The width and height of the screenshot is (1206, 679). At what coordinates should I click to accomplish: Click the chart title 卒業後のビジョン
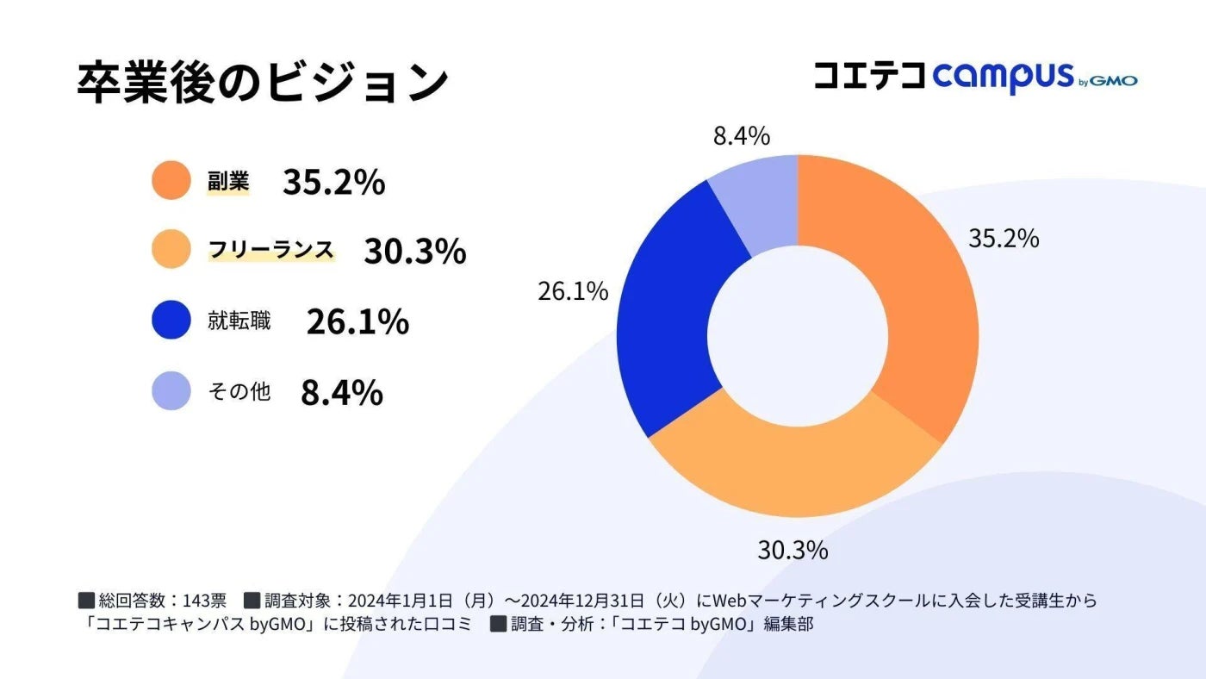[263, 83]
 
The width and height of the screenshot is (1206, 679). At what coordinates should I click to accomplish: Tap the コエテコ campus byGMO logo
[975, 77]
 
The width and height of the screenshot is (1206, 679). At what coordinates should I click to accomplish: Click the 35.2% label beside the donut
[1004, 239]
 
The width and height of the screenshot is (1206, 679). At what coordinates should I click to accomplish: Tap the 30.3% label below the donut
[793, 550]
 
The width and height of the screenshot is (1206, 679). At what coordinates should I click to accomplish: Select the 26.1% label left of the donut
[573, 291]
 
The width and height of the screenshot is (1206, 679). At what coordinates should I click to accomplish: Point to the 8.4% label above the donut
[741, 136]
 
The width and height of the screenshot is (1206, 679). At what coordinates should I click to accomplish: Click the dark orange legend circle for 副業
[171, 181]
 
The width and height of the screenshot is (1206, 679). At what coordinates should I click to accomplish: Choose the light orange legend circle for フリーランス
[171, 250]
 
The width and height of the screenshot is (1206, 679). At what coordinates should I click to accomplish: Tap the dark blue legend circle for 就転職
[171, 321]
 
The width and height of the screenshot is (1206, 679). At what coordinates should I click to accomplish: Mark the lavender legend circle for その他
[171, 391]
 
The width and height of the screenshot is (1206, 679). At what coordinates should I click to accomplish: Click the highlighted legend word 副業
[228, 181]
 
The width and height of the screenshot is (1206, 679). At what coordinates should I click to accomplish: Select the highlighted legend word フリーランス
[270, 250]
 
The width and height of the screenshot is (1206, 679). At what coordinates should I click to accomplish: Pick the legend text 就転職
[239, 321]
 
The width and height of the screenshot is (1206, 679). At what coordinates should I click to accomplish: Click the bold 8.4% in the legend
[341, 392]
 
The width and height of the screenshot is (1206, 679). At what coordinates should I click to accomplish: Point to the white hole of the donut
[798, 337]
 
